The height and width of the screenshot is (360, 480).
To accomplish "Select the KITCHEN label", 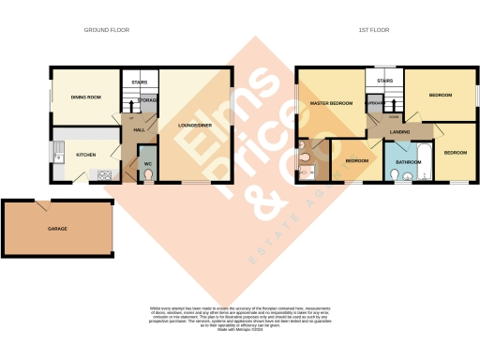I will coord(85,155).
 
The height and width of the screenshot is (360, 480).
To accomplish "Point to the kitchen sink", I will coord(58,148).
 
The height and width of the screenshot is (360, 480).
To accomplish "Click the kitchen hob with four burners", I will coord(104,174).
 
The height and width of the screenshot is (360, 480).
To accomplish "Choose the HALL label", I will coord(138,129).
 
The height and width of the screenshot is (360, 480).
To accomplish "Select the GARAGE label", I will coord(58,229).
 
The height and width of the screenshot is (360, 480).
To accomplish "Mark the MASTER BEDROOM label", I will coord(330,103).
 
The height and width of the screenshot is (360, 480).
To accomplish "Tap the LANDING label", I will coord(397,131).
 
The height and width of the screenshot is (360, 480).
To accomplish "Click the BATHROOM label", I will coord(407,161).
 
